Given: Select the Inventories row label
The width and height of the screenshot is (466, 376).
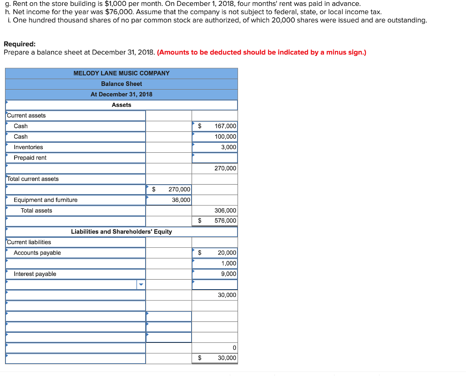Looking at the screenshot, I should click(x=28, y=147).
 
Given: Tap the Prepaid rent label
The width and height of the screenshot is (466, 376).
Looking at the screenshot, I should click(x=30, y=158).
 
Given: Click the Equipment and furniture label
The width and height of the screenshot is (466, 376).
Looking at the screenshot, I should click(x=46, y=200).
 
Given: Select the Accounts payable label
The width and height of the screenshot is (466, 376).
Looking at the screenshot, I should click(x=37, y=253).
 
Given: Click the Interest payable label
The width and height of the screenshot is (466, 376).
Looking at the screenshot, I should click(x=35, y=274).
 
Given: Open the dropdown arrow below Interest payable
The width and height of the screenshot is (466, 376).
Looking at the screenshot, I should click(x=141, y=285).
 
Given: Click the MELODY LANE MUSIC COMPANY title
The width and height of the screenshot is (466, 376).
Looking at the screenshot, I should click(x=122, y=73).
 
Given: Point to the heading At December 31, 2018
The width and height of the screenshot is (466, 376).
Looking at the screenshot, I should click(x=122, y=94).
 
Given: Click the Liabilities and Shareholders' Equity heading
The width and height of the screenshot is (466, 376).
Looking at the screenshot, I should click(x=122, y=231).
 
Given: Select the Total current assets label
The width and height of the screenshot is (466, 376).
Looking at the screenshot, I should click(x=33, y=179).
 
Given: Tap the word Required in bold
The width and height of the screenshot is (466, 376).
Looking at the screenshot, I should click(x=20, y=44).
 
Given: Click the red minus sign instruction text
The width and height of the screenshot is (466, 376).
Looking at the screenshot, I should click(x=261, y=52).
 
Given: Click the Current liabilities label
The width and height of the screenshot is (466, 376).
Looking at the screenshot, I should click(x=29, y=242).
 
